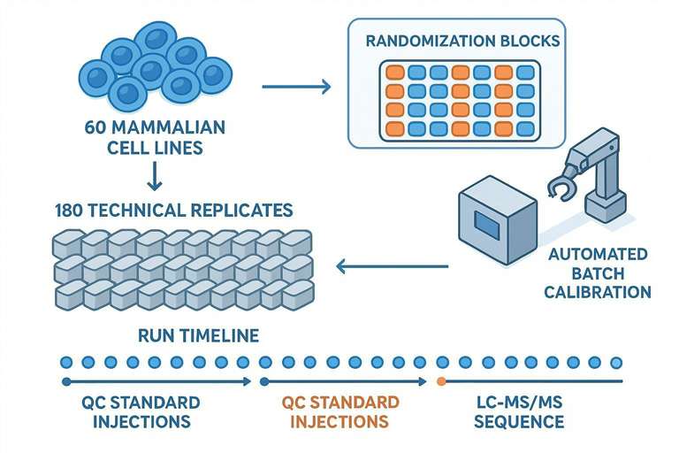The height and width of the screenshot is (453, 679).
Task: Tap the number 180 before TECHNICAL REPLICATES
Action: point(70,211)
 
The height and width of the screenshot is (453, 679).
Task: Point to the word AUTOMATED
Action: point(598,254)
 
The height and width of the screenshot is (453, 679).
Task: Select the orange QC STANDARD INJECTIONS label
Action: point(339,411)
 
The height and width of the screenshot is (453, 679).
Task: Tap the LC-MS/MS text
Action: point(518,403)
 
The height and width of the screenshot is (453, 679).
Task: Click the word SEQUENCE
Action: point(518,421)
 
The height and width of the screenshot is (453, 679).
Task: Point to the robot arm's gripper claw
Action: point(561,188)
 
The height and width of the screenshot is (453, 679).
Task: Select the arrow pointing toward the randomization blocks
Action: point(296,87)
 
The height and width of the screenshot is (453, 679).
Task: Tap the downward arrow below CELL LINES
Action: point(154,180)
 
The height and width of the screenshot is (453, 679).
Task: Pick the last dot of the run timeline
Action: point(616,362)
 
